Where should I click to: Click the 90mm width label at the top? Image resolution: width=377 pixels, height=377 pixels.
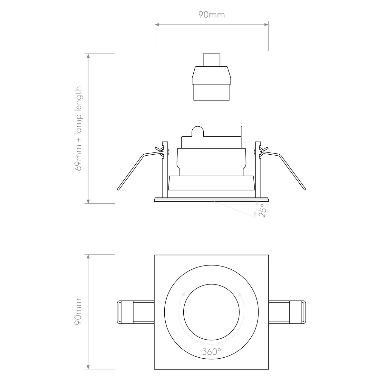(x=211, y=15)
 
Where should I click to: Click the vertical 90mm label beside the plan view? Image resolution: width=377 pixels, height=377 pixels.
(x=78, y=312)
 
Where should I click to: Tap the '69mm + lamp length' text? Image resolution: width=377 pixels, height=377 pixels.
(x=78, y=129)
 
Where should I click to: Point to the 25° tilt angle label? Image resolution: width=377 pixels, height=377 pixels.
(x=263, y=210)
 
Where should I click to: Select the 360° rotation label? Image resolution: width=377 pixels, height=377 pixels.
(x=212, y=352)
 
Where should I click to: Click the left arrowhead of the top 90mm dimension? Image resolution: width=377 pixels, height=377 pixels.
(x=157, y=24)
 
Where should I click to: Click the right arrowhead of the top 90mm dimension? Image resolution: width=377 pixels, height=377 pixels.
(x=266, y=24)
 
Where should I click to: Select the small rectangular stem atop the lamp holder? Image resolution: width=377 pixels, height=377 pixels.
(x=212, y=60)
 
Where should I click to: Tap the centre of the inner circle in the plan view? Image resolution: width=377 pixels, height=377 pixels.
(x=212, y=312)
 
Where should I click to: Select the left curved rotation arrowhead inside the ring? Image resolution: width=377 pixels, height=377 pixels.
(x=184, y=294)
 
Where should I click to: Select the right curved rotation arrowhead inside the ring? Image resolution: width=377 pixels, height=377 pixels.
(x=239, y=294)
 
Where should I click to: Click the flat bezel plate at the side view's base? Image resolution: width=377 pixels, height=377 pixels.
(x=212, y=199)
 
